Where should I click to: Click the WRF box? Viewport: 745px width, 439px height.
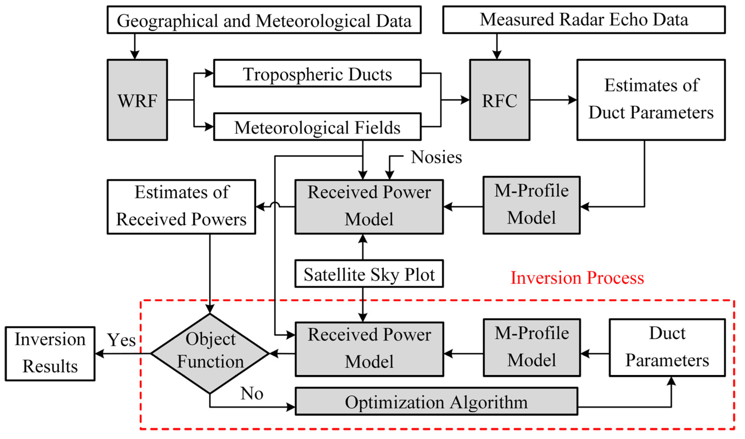pos(137,100)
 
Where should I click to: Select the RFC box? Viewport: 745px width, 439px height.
pos(499,100)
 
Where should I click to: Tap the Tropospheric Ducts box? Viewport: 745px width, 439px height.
pos(317,73)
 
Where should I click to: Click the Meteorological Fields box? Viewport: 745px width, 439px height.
pos(317,127)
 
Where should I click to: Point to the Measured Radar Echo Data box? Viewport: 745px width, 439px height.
pos(584,20)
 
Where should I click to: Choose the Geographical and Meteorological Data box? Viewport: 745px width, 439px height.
pos(264,20)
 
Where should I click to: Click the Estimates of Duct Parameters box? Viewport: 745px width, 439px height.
pos(651,100)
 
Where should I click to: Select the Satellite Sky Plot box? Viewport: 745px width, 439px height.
pos(369,274)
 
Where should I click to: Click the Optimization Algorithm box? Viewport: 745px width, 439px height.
pos(436,401)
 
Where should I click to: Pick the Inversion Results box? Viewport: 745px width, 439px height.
pos(50,354)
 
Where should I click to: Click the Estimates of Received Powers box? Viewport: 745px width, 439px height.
pos(181,207)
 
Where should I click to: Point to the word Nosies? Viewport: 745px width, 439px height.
pos(436,157)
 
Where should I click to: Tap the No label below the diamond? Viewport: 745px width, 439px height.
pos(252,393)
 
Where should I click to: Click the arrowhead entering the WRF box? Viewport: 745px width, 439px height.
pos(135,55)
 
